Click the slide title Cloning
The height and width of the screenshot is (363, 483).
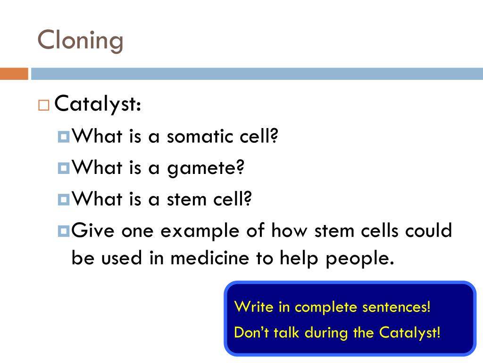pyautogui.click(x=80, y=40)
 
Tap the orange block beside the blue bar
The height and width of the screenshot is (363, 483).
pyautogui.click(x=14, y=74)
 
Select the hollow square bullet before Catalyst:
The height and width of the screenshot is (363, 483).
pyautogui.click(x=44, y=105)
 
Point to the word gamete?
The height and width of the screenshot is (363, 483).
pyautogui.click(x=206, y=168)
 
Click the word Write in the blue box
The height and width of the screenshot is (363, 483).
pyautogui.click(x=254, y=307)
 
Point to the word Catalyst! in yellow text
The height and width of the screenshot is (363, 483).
pyautogui.click(x=409, y=332)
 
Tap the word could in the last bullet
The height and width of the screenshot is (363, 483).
pyautogui.click(x=430, y=231)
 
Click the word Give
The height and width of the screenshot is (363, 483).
pyautogui.click(x=93, y=231)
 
